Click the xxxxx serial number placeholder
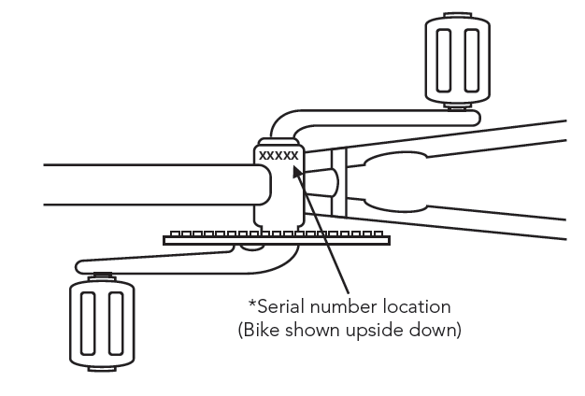(x=278, y=155)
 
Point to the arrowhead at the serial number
(x=297, y=171)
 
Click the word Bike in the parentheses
(x=265, y=332)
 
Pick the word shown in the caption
(x=315, y=332)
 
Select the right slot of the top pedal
(x=472, y=58)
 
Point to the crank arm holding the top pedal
(x=374, y=117)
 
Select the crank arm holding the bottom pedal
(x=168, y=265)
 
